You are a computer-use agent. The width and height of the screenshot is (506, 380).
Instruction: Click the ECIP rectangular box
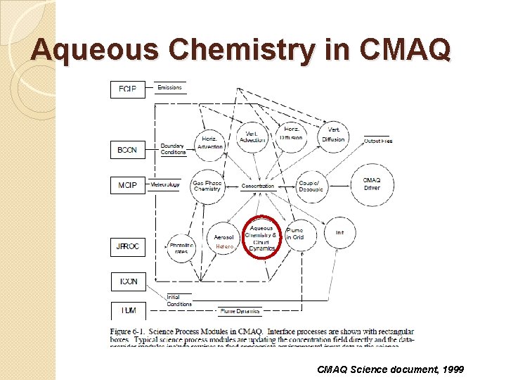128,89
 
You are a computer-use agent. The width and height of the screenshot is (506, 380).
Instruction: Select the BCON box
128,150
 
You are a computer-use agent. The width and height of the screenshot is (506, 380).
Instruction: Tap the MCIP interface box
128,185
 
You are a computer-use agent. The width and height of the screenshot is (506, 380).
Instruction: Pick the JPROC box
129,247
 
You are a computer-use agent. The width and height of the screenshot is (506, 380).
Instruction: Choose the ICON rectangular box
129,281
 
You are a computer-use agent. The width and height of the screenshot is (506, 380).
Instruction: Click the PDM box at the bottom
129,310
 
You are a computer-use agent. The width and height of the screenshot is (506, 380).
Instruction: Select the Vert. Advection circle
252,136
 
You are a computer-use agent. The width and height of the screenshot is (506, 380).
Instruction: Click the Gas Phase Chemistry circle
207,186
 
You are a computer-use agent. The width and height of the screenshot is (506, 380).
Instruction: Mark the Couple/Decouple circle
311,186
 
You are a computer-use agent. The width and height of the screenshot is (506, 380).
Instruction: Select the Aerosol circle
224,241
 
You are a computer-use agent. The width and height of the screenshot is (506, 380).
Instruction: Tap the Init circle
339,233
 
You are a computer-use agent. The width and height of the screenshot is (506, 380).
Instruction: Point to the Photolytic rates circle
181,248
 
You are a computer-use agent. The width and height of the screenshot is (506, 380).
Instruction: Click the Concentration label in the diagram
258,186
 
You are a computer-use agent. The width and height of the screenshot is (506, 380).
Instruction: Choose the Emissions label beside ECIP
169,87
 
